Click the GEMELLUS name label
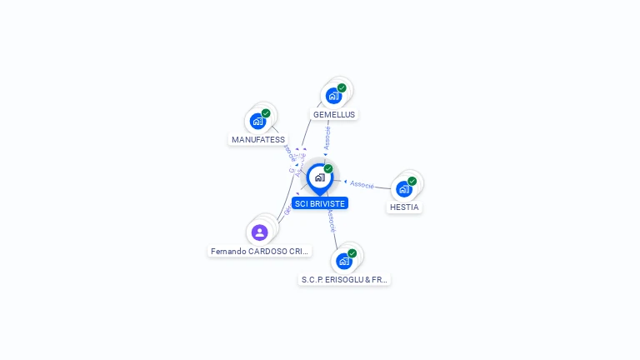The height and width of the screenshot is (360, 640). click(334, 114)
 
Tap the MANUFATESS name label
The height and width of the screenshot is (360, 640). click(258, 140)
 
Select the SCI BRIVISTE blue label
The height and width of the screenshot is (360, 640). click(319, 203)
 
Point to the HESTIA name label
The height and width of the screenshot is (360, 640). click(404, 207)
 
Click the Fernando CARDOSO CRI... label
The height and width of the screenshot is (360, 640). click(260, 251)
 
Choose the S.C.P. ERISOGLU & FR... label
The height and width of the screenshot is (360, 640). click(345, 280)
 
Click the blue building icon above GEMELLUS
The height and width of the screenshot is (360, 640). click(333, 95)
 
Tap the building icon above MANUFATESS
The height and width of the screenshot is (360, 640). click(257, 121)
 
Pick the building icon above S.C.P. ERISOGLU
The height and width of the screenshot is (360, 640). click(343, 261)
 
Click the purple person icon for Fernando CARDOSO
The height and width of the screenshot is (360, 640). click(259, 232)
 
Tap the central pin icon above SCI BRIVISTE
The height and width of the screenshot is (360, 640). click(319, 177)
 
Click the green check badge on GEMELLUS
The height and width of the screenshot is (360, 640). click(342, 87)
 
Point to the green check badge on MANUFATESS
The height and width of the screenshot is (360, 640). click(266, 113)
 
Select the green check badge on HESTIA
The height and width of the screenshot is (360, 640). click(412, 181)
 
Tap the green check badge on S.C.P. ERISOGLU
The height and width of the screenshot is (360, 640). click(352, 253)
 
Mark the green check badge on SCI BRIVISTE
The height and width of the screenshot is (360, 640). click(328, 169)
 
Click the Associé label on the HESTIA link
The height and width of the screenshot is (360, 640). click(362, 184)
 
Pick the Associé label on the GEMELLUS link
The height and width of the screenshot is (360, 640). click(327, 137)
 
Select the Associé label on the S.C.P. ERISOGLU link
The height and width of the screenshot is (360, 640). click(331, 220)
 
